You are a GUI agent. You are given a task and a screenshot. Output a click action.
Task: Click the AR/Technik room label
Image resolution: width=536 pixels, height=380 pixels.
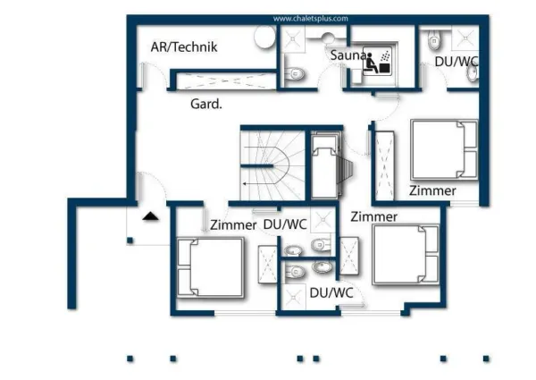tap(184, 47)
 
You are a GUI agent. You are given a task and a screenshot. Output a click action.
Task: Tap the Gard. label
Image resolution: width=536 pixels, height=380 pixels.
tap(205, 104)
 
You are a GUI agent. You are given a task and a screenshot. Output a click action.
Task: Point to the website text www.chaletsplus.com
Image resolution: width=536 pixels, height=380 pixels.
tap(310, 18)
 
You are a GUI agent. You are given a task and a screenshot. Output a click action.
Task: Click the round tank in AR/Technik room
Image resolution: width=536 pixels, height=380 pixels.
tap(264, 37)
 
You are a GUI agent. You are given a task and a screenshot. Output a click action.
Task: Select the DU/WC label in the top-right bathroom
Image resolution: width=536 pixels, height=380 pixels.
tap(456, 62)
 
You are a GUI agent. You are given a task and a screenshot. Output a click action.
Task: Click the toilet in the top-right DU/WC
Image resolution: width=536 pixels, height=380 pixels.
tap(434, 39)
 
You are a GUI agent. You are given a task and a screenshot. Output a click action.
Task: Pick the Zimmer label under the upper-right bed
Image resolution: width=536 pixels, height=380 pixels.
tap(432, 190)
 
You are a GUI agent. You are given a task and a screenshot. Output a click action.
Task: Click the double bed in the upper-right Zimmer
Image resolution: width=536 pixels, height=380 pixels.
tap(444, 150)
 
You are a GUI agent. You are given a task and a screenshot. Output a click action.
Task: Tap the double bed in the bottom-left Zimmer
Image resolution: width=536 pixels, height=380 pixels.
tap(210, 267)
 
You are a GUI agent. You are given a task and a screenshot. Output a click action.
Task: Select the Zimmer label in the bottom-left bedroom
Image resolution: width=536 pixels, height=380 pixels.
tap(233, 225)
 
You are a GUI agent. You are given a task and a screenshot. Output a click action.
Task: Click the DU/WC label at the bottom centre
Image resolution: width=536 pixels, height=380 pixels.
tap(331, 292)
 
